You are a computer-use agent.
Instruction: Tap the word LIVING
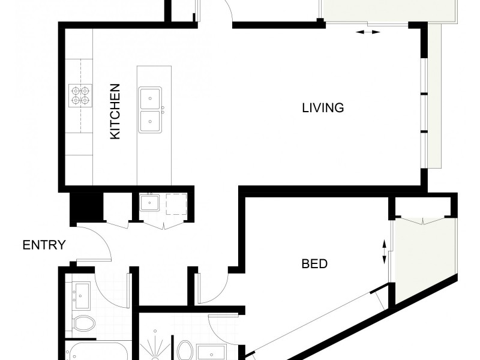pyautogui.click(x=323, y=108)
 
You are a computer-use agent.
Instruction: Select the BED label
pyautogui.click(x=314, y=263)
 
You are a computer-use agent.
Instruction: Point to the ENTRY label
pyautogui.click(x=44, y=245)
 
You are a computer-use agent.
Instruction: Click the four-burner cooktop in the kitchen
pyautogui.click(x=80, y=94)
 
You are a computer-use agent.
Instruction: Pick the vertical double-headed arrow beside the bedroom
pyautogui.click(x=385, y=251)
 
